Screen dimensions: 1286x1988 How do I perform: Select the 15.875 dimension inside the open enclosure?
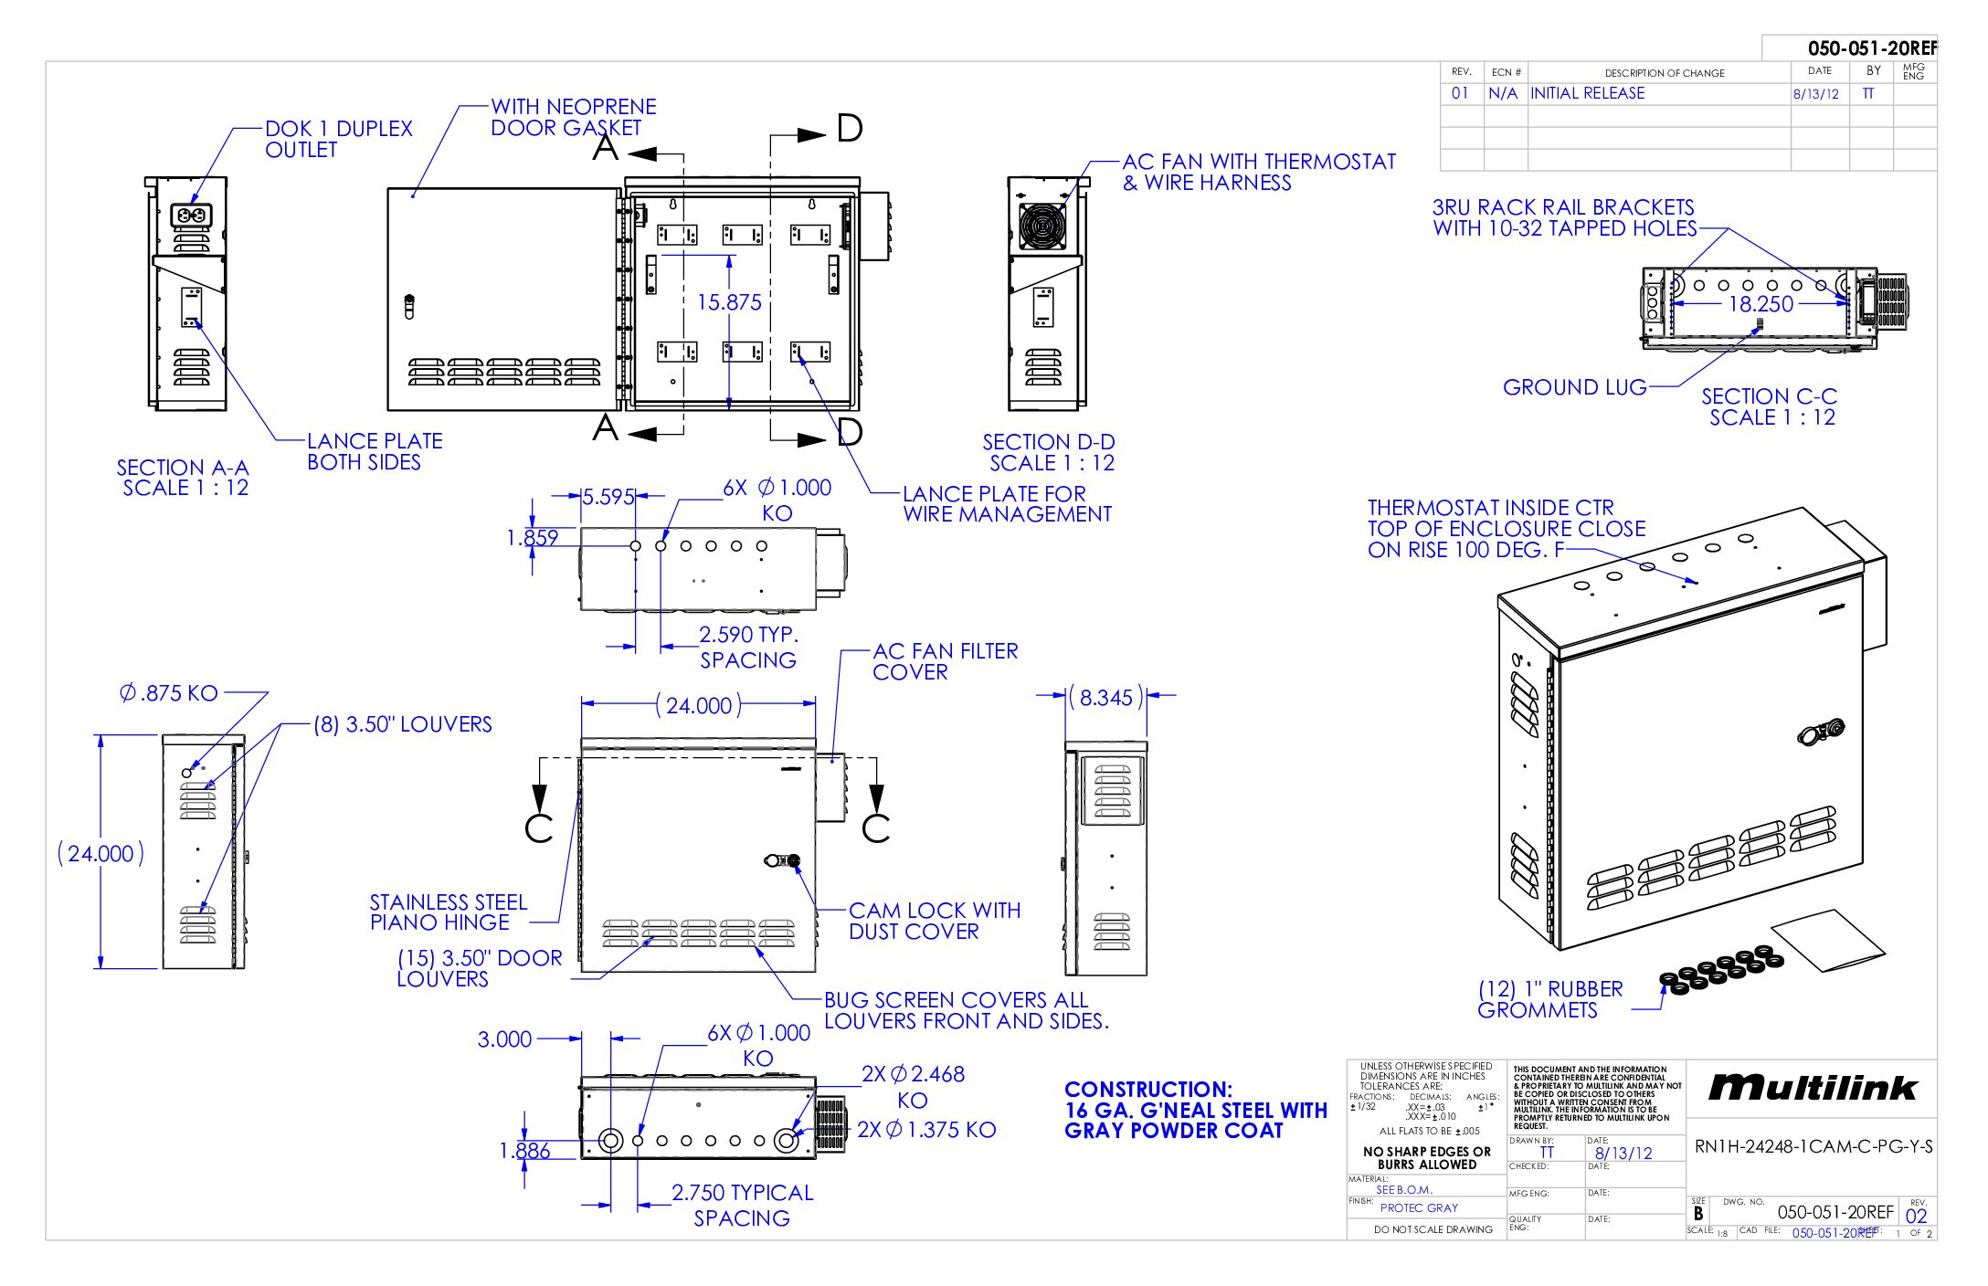pos(728,302)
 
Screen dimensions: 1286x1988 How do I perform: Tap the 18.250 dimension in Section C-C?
pos(1761,304)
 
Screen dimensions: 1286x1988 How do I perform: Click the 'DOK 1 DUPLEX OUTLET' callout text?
pos(338,139)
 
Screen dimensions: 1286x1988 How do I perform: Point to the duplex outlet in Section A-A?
pos(193,216)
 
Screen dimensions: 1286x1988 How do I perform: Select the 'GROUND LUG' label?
pos(1574,387)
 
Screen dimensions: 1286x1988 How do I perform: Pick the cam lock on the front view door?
pos(783,860)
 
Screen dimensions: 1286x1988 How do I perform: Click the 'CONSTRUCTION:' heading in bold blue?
pos(1147,1089)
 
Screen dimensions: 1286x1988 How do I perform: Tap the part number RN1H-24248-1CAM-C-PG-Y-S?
pos(1813,1146)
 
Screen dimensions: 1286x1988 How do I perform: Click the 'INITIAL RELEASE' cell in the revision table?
pos(1587,93)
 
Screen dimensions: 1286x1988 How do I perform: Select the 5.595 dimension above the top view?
pos(608,497)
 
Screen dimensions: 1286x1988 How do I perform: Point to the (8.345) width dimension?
pos(1105,698)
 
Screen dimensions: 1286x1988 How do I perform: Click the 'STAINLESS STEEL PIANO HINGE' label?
pos(448,912)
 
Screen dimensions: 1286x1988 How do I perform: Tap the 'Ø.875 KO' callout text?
pos(169,693)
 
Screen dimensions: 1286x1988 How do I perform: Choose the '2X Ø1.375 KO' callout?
pos(925,1130)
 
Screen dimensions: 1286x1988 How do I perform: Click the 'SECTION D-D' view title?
pos(1048,442)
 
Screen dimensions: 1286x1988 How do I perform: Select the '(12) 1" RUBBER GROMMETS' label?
pos(1549,999)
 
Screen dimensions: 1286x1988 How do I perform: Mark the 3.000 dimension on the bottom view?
pos(504,1039)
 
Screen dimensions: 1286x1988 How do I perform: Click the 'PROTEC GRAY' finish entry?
pos(1419,1207)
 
